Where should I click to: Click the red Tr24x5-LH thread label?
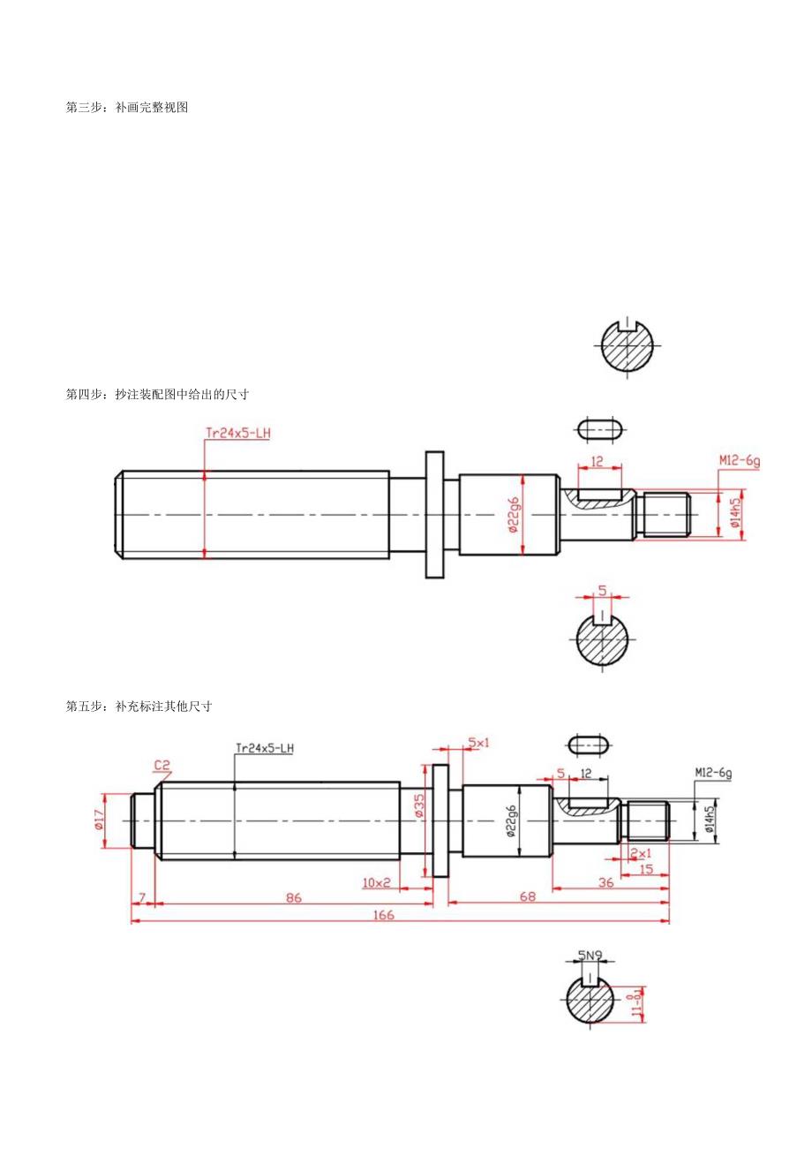coord(237,433)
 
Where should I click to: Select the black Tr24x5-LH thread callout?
coord(264,748)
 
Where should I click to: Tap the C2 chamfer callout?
coord(162,765)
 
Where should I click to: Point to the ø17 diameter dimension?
coord(97,820)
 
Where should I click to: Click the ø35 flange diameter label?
coord(418,805)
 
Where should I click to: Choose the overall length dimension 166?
coord(382,915)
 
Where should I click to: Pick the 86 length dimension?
coord(293,897)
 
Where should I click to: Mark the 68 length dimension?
coord(528,897)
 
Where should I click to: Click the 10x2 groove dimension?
coord(376,881)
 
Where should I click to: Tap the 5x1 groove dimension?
coord(478,743)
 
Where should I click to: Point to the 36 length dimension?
coord(606,881)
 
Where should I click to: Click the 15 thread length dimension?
coord(645,869)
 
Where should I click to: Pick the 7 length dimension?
coord(142,897)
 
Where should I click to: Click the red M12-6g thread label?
coord(739,459)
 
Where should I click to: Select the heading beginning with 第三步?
coord(127,108)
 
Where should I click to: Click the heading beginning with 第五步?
coord(139,707)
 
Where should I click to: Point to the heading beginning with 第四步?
coord(163,394)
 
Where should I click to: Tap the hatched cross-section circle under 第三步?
coord(627,344)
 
